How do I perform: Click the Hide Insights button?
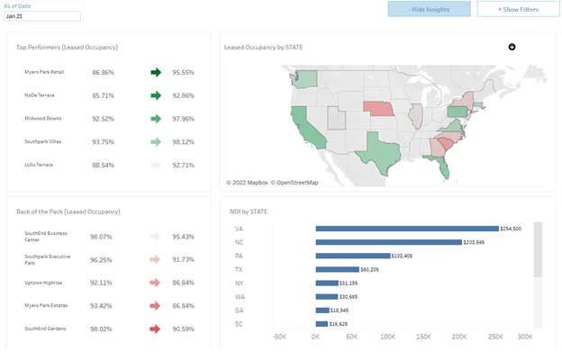(x=429, y=9)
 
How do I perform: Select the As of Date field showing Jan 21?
(x=42, y=16)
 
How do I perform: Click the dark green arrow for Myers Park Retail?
(x=155, y=72)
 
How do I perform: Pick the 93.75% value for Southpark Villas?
(x=103, y=141)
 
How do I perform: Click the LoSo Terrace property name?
(x=39, y=165)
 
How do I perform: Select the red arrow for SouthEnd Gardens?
(x=155, y=328)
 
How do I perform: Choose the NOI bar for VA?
(x=406, y=229)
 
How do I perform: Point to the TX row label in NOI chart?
(x=238, y=269)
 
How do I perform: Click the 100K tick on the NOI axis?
(x=385, y=337)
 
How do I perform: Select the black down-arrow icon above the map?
(x=512, y=46)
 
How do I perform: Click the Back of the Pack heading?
(x=68, y=211)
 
